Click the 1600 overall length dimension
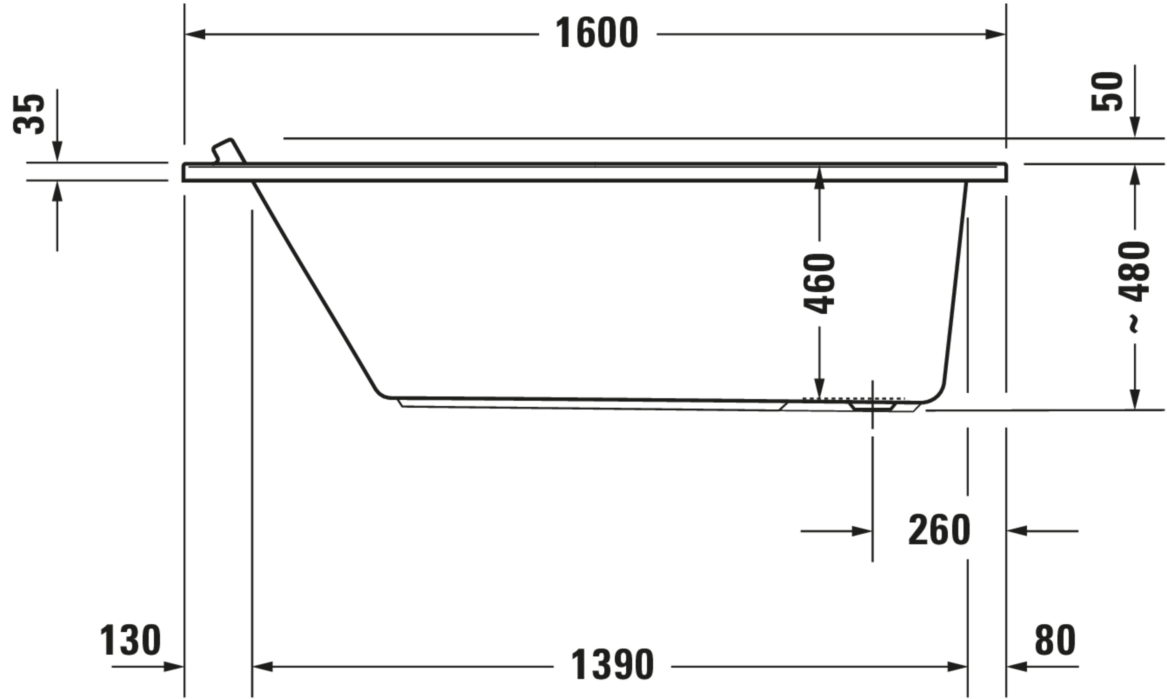[597, 33]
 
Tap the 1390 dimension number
[612, 665]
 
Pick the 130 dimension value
[130, 640]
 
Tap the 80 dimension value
[1055, 640]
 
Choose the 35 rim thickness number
[29, 114]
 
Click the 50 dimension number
[1107, 91]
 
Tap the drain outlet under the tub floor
[872, 406]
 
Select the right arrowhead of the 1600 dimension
[995, 34]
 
